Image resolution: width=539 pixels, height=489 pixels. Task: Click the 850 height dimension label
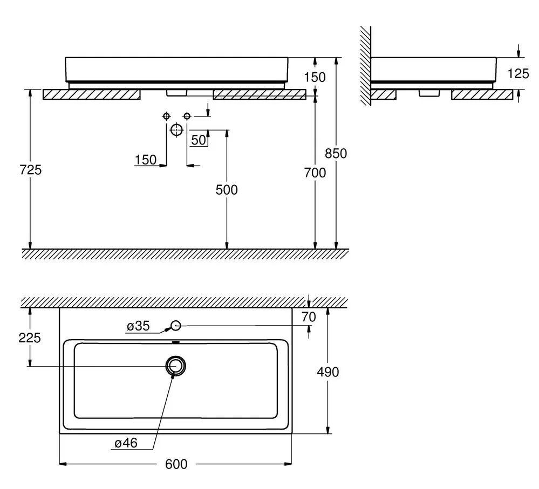336,154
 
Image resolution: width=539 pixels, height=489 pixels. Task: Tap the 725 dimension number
31,170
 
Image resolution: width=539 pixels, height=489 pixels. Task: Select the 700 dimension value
315,173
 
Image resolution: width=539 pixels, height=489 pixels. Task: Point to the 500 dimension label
227,190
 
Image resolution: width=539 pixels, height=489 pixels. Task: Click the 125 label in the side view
518,73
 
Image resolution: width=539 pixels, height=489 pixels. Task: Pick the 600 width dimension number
176,464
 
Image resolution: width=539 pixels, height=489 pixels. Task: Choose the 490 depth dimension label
328,372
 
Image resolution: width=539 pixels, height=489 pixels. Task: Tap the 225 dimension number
30,338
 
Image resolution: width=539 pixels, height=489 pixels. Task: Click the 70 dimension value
309,318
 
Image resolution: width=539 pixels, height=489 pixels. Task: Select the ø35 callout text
138,326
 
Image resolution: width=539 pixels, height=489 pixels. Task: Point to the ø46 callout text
126,443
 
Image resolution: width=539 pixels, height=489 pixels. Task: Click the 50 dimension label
199,140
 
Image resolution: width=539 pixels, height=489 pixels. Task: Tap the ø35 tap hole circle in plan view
176,325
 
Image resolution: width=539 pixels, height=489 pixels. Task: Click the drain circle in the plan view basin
176,366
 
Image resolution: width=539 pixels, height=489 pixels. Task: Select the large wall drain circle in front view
176,130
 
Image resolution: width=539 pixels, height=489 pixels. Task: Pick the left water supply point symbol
166,116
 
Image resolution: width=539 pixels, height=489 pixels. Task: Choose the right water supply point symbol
187,116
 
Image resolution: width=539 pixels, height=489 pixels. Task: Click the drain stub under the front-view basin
176,93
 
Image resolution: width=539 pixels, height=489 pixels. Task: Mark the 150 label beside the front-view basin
315,77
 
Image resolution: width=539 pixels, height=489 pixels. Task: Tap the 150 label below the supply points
146,160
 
